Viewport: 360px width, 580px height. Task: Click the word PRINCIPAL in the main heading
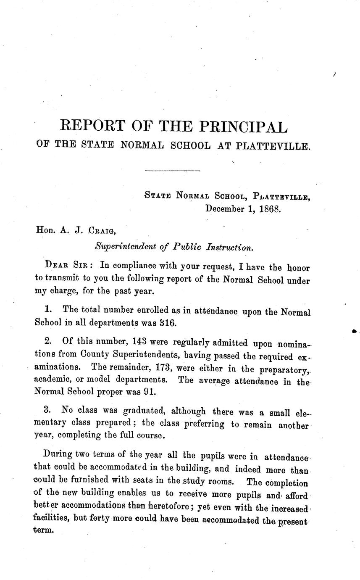click(242, 126)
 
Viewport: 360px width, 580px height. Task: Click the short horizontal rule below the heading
click(172, 171)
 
